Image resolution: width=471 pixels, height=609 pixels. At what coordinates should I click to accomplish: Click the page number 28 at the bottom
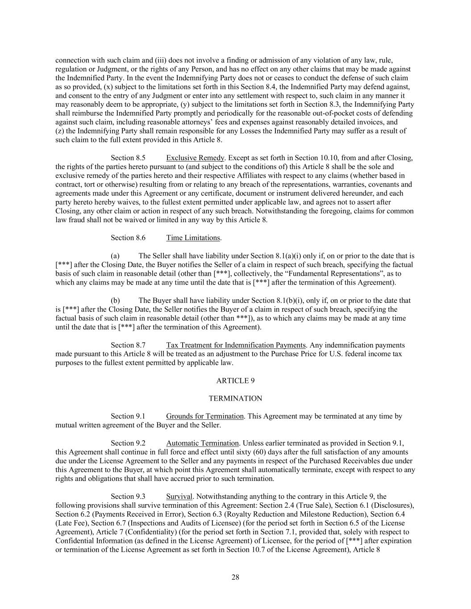coord(235,577)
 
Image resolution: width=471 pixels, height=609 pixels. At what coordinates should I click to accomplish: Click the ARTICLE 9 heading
coord(235,381)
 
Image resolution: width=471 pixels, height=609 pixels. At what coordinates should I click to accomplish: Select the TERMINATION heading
coord(235,398)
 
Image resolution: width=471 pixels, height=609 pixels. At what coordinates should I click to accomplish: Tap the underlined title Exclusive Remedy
coord(195,157)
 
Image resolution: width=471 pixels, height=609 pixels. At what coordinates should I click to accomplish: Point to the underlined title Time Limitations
coord(193,238)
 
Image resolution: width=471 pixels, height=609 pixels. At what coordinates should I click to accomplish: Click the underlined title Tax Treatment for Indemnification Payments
coord(236,345)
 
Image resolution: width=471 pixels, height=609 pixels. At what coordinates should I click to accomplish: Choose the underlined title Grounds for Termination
coord(204,416)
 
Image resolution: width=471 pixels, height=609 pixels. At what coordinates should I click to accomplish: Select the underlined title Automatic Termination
coord(202,443)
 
